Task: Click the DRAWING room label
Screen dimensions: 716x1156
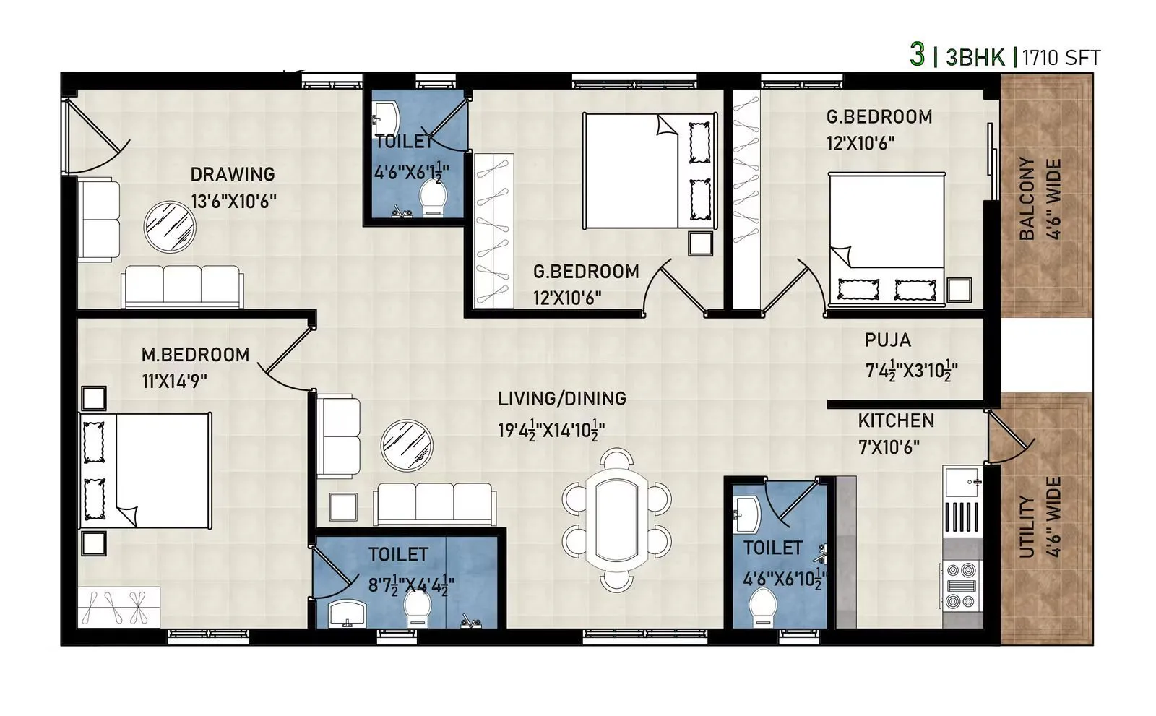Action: [x=233, y=174]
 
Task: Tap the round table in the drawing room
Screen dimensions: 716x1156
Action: [x=170, y=226]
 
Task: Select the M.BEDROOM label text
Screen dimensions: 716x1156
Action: [x=195, y=355]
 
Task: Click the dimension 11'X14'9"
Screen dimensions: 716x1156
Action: [x=174, y=381]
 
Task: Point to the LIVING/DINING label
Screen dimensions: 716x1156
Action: [x=561, y=399]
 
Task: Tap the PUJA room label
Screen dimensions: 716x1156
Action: [x=887, y=340]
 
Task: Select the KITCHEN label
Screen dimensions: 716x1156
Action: [x=896, y=420]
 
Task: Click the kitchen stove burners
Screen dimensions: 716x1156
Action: [x=961, y=585]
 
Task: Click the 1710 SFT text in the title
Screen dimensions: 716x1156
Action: [x=1061, y=57]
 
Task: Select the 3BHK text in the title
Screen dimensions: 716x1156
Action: [x=975, y=57]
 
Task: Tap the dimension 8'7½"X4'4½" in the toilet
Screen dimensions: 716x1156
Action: [x=411, y=585]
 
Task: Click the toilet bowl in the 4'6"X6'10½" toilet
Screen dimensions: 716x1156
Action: [x=763, y=607]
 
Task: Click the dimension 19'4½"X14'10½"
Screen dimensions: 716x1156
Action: [x=551, y=431]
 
